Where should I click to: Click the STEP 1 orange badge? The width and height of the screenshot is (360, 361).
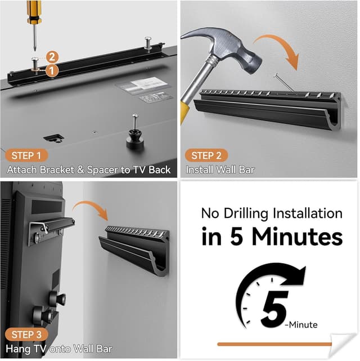(x=26, y=155)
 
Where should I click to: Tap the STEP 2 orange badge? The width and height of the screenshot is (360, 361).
(x=206, y=155)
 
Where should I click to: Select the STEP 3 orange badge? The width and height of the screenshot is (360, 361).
(x=26, y=335)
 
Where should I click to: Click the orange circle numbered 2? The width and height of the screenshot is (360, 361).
(x=52, y=56)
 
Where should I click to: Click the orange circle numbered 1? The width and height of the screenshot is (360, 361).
(x=51, y=72)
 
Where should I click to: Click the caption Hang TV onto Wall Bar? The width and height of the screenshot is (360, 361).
(x=58, y=349)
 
